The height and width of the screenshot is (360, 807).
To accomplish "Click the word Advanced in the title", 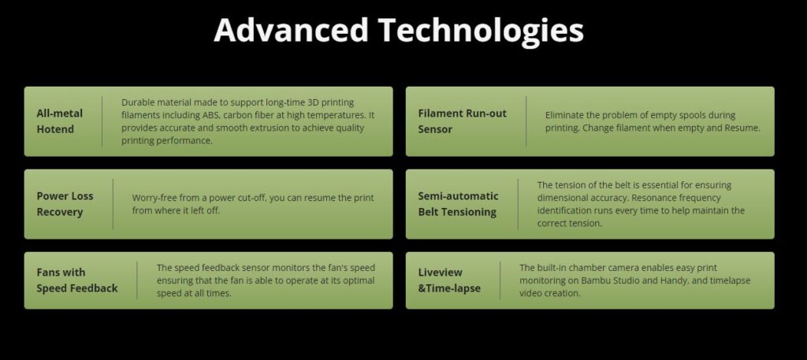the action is [291, 29].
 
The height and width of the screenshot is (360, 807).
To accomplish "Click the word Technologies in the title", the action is [482, 31].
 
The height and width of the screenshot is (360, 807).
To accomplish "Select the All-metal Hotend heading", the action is [60, 121].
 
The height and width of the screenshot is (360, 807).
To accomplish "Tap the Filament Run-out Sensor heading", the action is [462, 121].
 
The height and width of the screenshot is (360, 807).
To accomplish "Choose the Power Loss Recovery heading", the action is [65, 204].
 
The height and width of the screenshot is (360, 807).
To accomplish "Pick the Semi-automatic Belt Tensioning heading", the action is [458, 204].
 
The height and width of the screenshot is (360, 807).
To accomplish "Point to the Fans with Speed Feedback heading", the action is [77, 280].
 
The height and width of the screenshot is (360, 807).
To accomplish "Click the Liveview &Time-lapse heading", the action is [449, 280].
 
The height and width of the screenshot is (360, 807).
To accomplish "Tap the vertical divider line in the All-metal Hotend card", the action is [102, 121].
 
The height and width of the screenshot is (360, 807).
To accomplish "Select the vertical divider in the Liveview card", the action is [500, 280].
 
